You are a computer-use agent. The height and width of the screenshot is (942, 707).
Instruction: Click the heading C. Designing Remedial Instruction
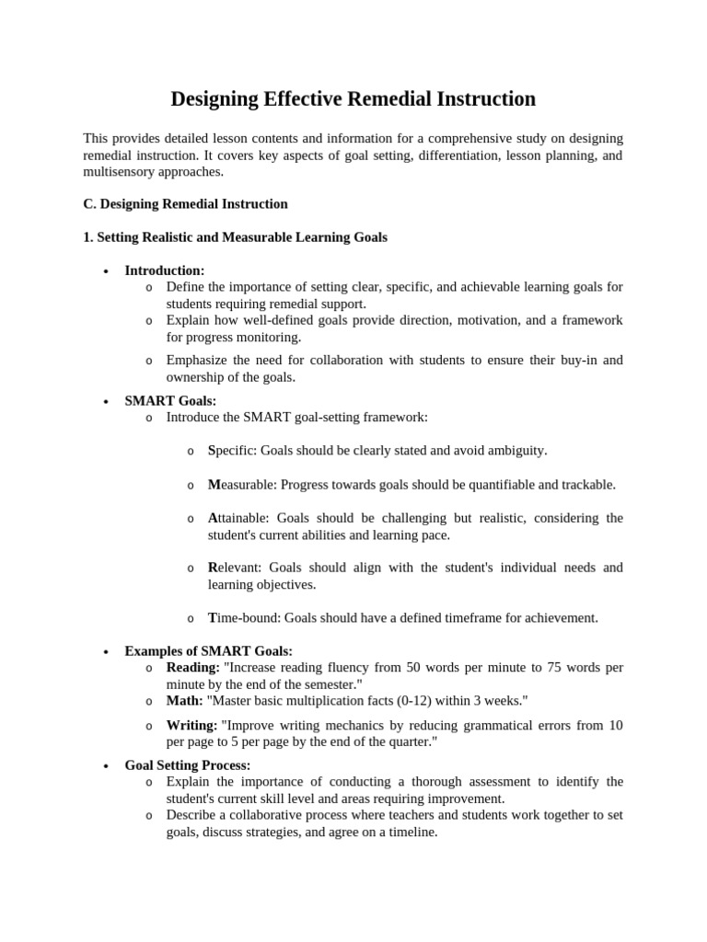tap(185, 204)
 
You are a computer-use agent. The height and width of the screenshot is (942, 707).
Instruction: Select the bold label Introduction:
tap(165, 270)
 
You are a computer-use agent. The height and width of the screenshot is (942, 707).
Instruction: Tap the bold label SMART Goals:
tap(170, 401)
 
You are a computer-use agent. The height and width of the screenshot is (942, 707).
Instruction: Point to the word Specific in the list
tap(233, 451)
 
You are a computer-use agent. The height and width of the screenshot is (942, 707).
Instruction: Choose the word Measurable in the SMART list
tap(242, 485)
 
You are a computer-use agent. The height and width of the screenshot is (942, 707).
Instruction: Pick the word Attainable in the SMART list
tap(238, 518)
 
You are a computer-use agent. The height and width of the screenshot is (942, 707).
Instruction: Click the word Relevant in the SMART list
tap(234, 568)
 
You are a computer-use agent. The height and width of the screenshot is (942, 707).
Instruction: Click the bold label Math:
tap(184, 701)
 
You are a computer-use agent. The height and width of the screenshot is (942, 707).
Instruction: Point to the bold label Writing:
tap(191, 726)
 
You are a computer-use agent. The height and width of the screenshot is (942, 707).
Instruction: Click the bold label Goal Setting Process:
tap(188, 765)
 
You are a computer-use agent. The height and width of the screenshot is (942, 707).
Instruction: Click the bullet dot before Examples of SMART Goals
tap(107, 652)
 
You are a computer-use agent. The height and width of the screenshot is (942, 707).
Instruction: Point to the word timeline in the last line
tap(411, 832)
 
